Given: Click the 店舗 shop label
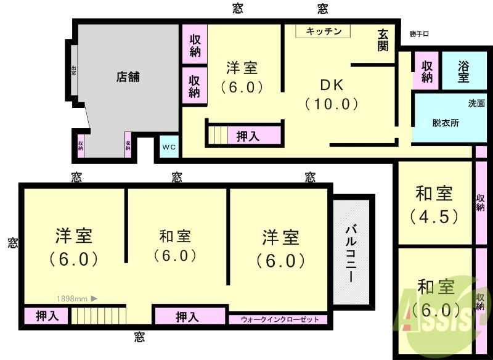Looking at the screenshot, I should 128,77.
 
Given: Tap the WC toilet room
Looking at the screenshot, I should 169,147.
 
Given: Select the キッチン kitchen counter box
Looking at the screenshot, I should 322,31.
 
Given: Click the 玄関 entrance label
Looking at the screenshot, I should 383,41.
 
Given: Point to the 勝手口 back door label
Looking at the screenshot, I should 422,35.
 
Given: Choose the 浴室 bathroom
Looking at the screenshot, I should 463,72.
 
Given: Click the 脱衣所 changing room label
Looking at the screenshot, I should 445,123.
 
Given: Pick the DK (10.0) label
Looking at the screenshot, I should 332,94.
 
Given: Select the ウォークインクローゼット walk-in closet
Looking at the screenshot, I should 280,319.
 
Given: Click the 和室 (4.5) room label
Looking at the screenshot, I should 434,205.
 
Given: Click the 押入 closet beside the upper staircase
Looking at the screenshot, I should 248,136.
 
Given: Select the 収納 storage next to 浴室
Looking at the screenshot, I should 426,72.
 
